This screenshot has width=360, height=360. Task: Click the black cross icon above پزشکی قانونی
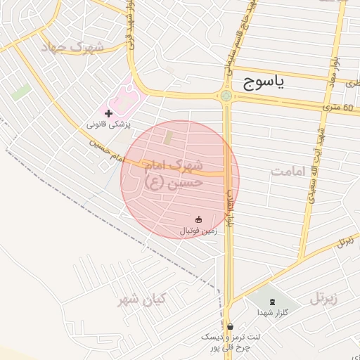pos(108,112)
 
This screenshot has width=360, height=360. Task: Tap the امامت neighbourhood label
pos(289,171)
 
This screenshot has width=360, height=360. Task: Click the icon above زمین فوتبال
pos(198,219)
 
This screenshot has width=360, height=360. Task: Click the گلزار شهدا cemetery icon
pos(273,301)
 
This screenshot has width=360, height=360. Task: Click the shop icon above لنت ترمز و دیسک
pos(230,326)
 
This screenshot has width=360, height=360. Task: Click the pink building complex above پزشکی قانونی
pos(127,98)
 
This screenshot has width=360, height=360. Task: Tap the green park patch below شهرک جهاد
pos(21,92)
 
